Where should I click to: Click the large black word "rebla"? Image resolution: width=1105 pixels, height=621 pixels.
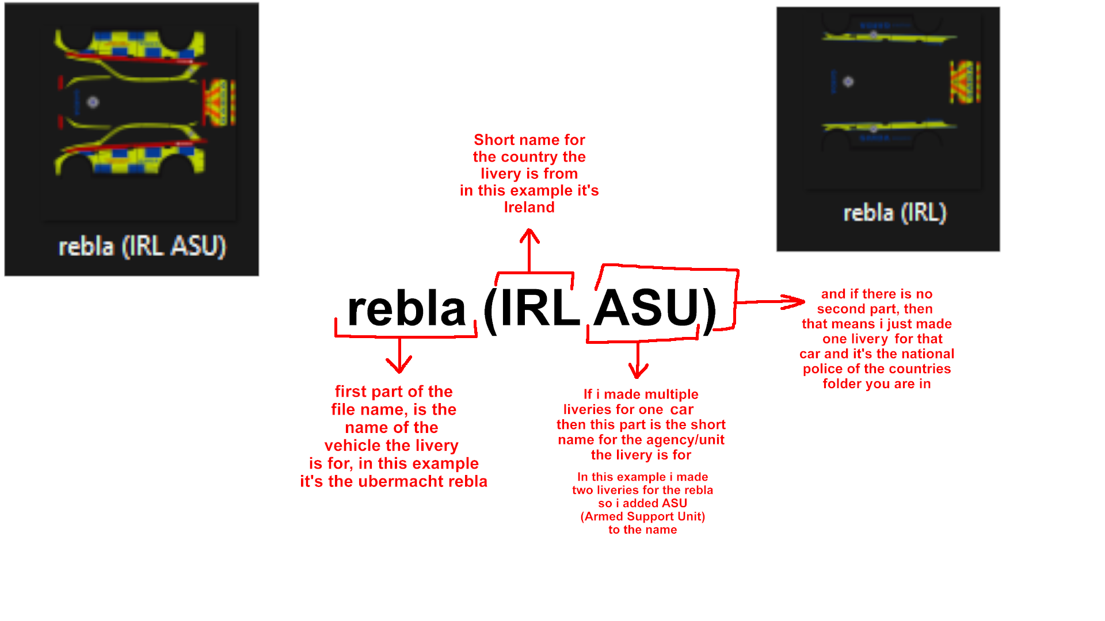[x=406, y=309]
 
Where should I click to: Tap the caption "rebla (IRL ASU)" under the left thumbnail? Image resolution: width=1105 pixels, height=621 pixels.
[x=142, y=247]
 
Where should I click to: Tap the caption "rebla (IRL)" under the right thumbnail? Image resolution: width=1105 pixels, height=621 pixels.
[x=894, y=213]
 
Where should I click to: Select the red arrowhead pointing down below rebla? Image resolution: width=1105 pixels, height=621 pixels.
[x=399, y=365]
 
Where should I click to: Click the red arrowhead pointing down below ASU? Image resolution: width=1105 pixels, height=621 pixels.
[x=638, y=371]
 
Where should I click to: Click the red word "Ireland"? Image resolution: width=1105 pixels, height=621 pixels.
[x=529, y=207]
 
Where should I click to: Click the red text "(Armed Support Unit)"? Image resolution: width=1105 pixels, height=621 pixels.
[x=642, y=516]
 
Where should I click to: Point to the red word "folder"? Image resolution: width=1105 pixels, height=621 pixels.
[x=841, y=384]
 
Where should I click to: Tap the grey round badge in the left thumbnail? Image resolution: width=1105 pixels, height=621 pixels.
[x=93, y=102]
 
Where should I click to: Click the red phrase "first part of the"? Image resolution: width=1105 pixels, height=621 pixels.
[x=394, y=392]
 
